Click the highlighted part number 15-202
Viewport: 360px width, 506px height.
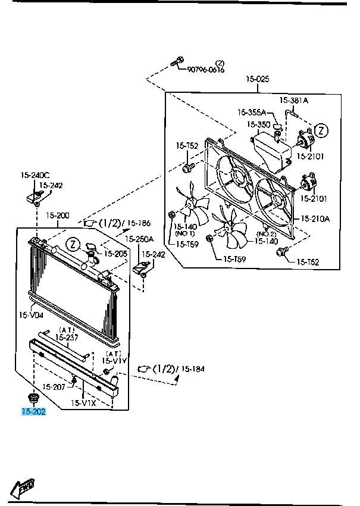[33, 411]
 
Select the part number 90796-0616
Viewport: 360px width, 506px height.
[206, 69]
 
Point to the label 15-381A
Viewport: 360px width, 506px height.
[294, 101]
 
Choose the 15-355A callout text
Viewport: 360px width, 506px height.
[252, 112]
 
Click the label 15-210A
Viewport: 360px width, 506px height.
[315, 218]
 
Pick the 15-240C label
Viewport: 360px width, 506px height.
[35, 175]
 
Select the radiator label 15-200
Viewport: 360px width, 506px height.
[58, 215]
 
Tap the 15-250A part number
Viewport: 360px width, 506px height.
[139, 239]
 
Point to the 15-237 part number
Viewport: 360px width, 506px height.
[67, 337]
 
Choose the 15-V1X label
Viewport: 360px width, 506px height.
[84, 403]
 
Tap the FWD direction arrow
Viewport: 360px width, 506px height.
[23, 488]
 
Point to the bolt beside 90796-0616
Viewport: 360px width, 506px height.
[176, 60]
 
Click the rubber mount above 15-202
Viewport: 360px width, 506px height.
[32, 396]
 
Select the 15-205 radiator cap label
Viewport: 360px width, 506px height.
[116, 254]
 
